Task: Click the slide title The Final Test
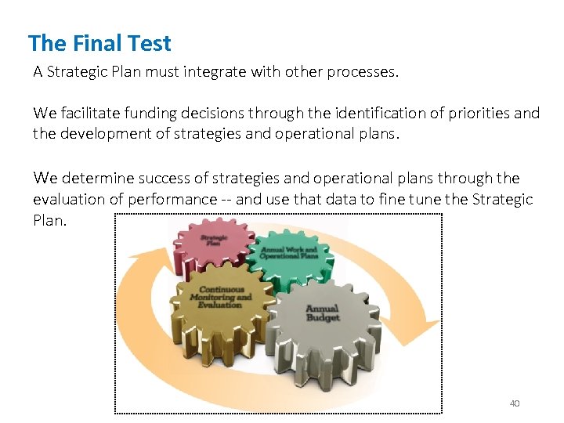point(99,42)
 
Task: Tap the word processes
point(365,72)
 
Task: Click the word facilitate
point(89,113)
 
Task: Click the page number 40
point(515,403)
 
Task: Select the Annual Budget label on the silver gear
point(323,313)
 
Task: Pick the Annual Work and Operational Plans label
point(289,252)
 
